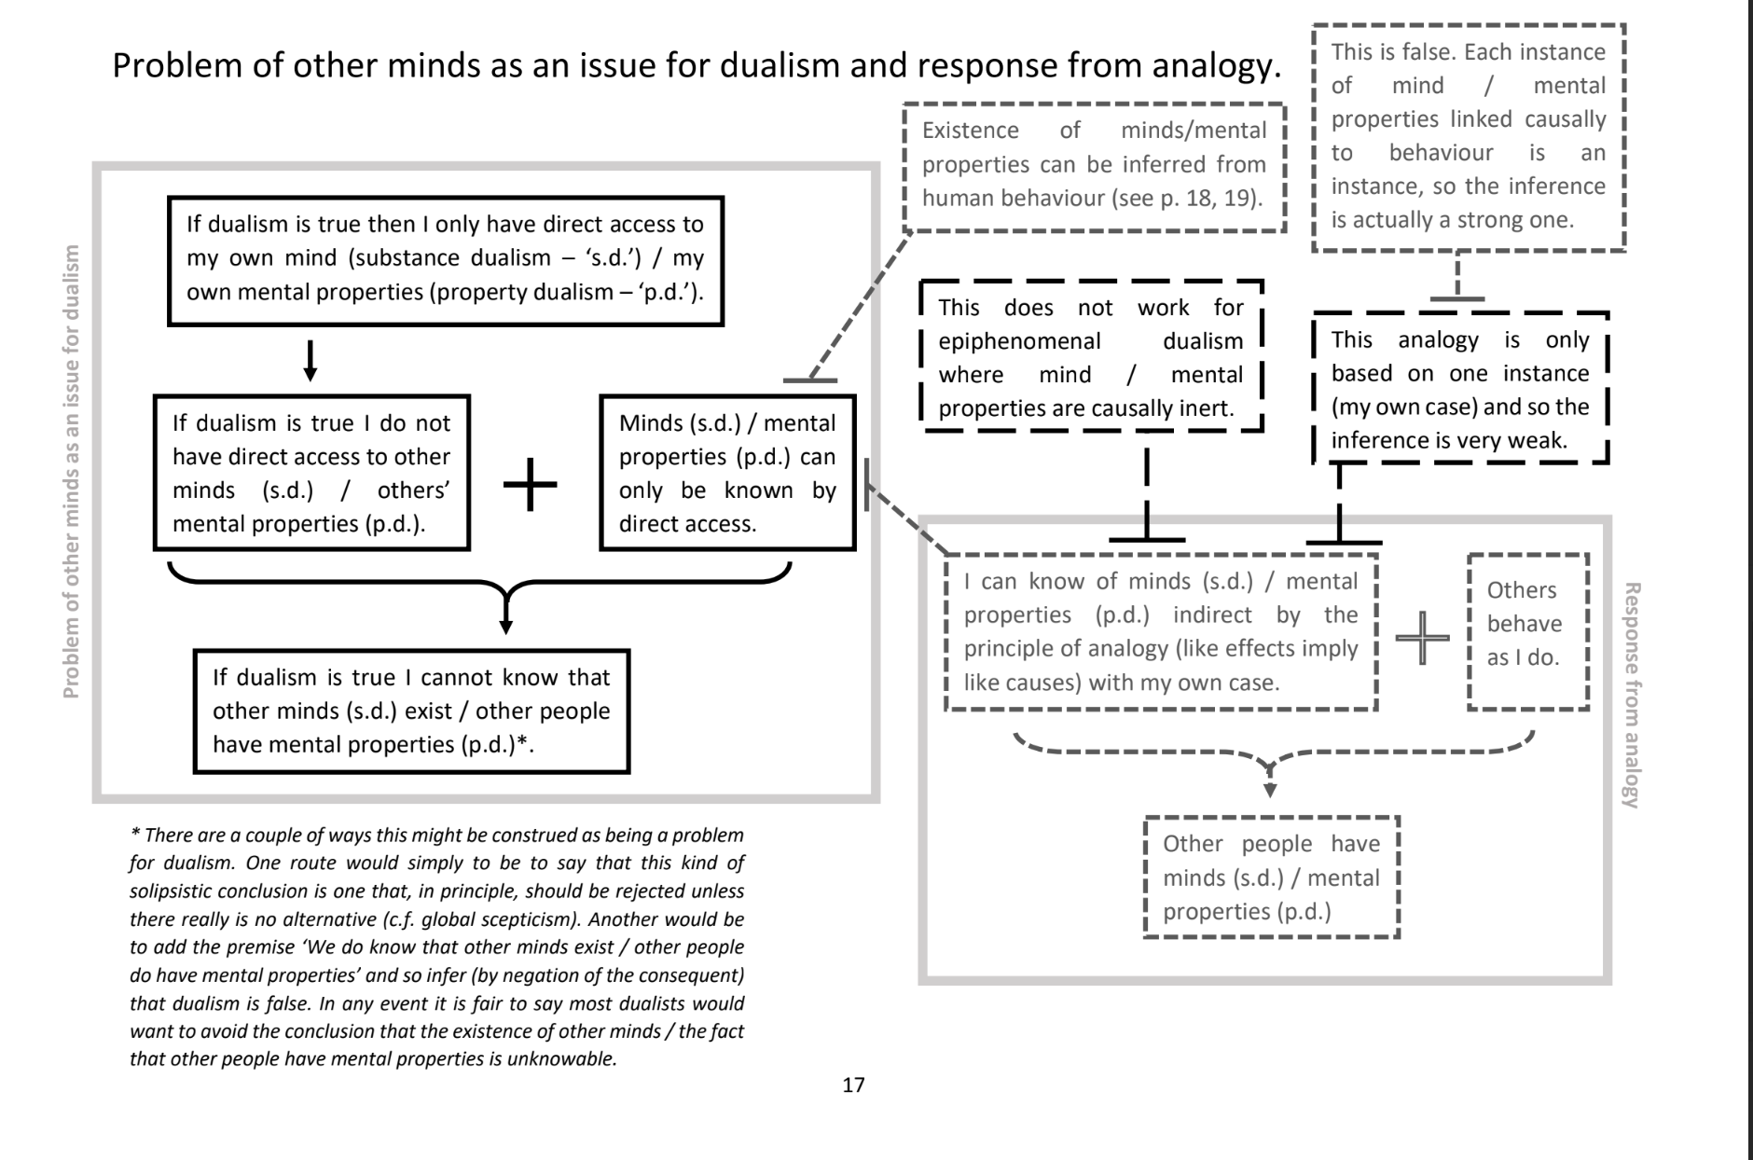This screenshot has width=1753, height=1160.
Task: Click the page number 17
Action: [x=853, y=1084]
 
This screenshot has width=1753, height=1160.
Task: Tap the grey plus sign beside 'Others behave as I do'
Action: [x=1422, y=638]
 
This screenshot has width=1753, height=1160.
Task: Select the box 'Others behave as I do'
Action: [x=1527, y=631]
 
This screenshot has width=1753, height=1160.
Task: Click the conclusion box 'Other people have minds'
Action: [x=1272, y=877]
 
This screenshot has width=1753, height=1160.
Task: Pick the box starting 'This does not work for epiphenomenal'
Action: [x=1091, y=357]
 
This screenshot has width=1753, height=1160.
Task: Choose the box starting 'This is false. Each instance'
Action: [x=1468, y=136]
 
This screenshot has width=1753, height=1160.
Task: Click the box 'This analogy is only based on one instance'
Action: [x=1460, y=389]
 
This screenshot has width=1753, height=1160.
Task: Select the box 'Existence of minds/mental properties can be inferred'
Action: [x=1094, y=164]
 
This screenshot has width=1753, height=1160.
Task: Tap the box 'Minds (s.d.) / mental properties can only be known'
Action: [x=727, y=473]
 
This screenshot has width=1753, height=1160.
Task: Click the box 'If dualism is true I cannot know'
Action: [x=411, y=711]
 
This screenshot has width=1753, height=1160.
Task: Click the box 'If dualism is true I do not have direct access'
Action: [x=311, y=473]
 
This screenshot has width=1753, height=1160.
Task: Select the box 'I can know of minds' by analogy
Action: [x=1161, y=631]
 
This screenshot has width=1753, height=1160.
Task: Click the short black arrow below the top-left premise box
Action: [x=311, y=360]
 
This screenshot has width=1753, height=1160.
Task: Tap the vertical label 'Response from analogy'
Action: [x=1632, y=695]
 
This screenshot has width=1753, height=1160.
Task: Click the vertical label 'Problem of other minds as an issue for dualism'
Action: [x=71, y=471]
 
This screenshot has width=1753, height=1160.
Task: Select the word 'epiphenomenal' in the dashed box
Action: [x=1019, y=341]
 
